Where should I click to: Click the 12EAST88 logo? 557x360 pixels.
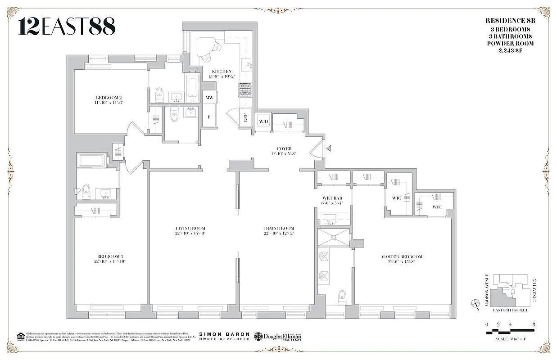click(x=67, y=27)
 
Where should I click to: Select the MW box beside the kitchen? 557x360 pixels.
click(x=209, y=97)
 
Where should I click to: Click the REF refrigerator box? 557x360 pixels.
click(x=246, y=118)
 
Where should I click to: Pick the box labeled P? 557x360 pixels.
click(x=209, y=117)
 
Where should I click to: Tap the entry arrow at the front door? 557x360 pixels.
click(x=329, y=148)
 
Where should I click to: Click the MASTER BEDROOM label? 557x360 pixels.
click(x=402, y=257)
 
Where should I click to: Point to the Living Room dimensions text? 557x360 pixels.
click(x=190, y=233)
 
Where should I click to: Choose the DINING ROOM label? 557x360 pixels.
click(x=279, y=228)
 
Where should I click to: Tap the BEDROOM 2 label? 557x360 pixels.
click(x=109, y=98)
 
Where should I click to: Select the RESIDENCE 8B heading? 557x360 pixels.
click(x=509, y=21)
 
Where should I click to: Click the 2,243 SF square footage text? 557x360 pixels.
click(x=510, y=50)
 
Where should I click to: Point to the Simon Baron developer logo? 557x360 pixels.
click(x=224, y=336)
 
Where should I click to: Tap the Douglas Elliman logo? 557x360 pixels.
click(x=278, y=336)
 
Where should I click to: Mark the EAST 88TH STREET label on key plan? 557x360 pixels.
click(x=510, y=310)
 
